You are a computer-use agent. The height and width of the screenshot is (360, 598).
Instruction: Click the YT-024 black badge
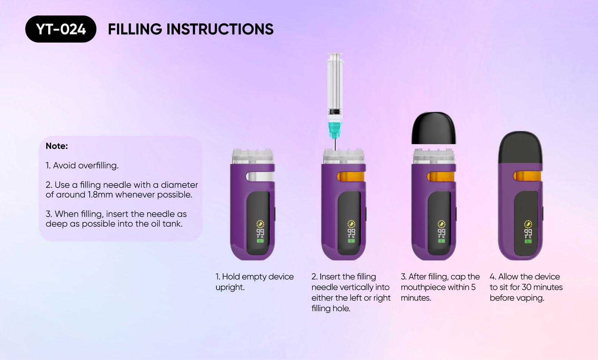point(61,29)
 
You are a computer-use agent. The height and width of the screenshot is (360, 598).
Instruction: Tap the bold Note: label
point(56,146)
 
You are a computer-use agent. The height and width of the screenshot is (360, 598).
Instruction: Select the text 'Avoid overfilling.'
point(86,165)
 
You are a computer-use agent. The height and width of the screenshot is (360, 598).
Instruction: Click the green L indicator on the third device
point(441,241)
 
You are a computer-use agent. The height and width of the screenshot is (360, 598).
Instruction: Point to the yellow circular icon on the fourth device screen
point(528,224)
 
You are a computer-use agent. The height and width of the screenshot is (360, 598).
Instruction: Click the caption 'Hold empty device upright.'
point(254,282)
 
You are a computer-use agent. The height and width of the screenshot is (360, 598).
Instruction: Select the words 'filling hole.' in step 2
point(330,308)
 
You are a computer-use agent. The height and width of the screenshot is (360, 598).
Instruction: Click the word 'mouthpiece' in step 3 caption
point(423,287)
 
